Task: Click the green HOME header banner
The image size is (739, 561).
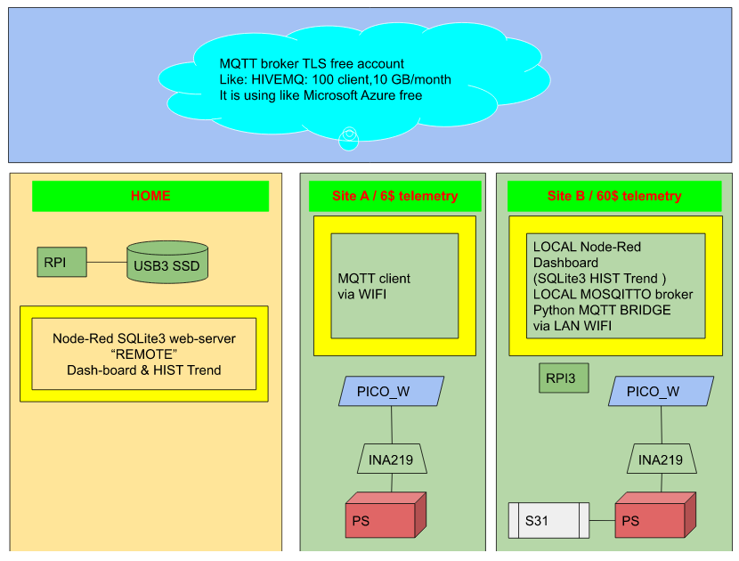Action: click(x=150, y=196)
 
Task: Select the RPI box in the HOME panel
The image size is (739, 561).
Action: click(x=61, y=262)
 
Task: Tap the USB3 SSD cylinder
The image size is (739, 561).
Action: click(x=167, y=262)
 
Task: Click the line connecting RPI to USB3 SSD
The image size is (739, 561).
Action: click(x=107, y=262)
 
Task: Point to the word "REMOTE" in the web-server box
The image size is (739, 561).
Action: click(x=143, y=354)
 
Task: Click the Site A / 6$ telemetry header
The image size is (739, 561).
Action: click(x=395, y=196)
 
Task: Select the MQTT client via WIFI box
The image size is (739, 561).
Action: click(x=395, y=286)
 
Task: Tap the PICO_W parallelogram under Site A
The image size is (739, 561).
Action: click(x=391, y=391)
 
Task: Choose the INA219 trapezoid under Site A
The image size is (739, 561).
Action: click(x=391, y=459)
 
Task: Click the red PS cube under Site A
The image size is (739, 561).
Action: click(x=386, y=516)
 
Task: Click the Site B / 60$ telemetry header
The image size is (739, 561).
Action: click(x=614, y=196)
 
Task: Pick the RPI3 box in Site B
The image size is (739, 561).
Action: click(x=564, y=378)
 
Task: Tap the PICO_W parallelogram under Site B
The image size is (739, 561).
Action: click(x=661, y=391)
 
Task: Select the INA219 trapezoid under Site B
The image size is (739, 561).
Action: click(x=662, y=459)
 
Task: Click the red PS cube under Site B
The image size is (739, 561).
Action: click(x=655, y=516)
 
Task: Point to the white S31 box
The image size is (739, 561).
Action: click(x=549, y=520)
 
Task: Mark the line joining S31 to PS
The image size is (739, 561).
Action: click(x=602, y=520)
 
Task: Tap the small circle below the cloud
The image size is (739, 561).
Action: click(x=349, y=139)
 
